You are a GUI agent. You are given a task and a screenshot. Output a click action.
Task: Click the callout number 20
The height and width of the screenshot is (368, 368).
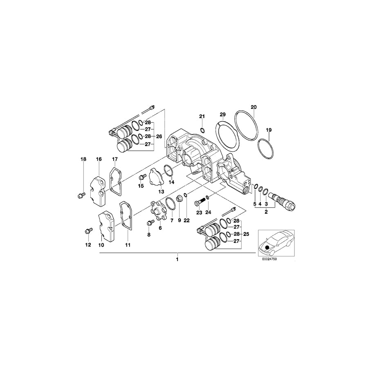pos(254,107)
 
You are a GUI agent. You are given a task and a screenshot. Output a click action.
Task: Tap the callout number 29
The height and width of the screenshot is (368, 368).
pos(222,114)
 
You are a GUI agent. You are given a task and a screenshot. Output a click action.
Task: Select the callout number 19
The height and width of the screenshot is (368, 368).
pos(269,130)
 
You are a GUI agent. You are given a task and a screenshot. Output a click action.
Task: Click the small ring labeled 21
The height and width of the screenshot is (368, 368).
pos(202,130)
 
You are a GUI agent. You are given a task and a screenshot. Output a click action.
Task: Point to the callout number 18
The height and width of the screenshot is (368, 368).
pos(83,159)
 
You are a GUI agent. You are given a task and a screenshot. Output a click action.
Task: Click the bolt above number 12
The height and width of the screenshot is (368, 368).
pos(88,231)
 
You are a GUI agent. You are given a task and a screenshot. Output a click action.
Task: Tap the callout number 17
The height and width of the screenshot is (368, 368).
pos(115,159)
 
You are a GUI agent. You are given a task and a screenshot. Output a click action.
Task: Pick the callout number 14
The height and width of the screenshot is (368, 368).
pos(172,182)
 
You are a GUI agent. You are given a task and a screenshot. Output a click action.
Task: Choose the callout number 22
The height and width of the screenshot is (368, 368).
pos(186,220)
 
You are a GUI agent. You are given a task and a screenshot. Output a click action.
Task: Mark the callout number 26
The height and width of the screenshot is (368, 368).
pos(159,136)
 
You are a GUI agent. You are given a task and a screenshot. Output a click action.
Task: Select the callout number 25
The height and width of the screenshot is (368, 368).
pos(246,235)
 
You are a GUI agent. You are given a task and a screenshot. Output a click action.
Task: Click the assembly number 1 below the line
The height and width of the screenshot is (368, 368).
pos(177,259)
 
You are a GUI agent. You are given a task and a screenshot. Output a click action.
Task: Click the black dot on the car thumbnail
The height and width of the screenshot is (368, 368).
pos(267,247)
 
